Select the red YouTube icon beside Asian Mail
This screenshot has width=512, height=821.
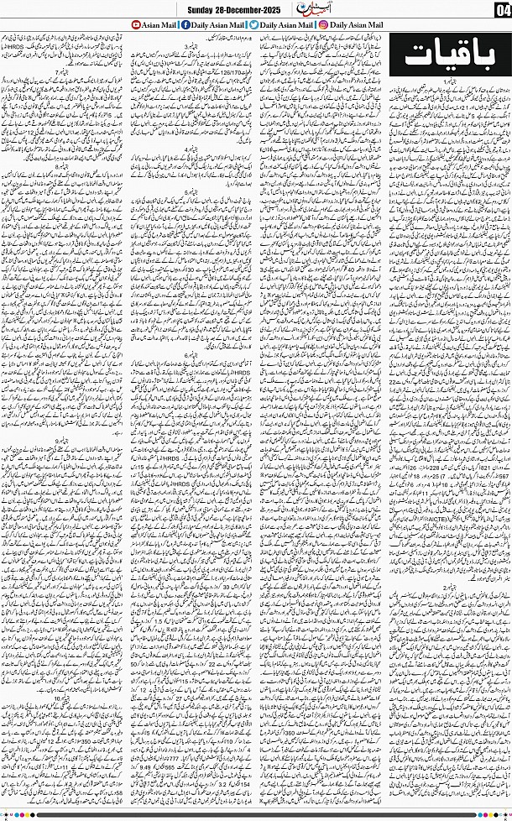(136, 26)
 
